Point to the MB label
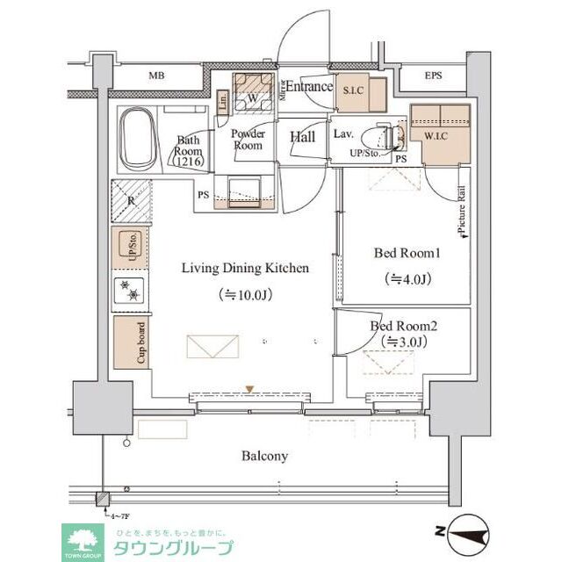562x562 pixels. click(156, 76)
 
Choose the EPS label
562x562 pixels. click(434, 76)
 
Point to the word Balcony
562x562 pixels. click(265, 457)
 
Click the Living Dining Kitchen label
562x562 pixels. click(245, 268)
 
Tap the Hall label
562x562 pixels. click(302, 136)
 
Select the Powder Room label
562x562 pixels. click(248, 140)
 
